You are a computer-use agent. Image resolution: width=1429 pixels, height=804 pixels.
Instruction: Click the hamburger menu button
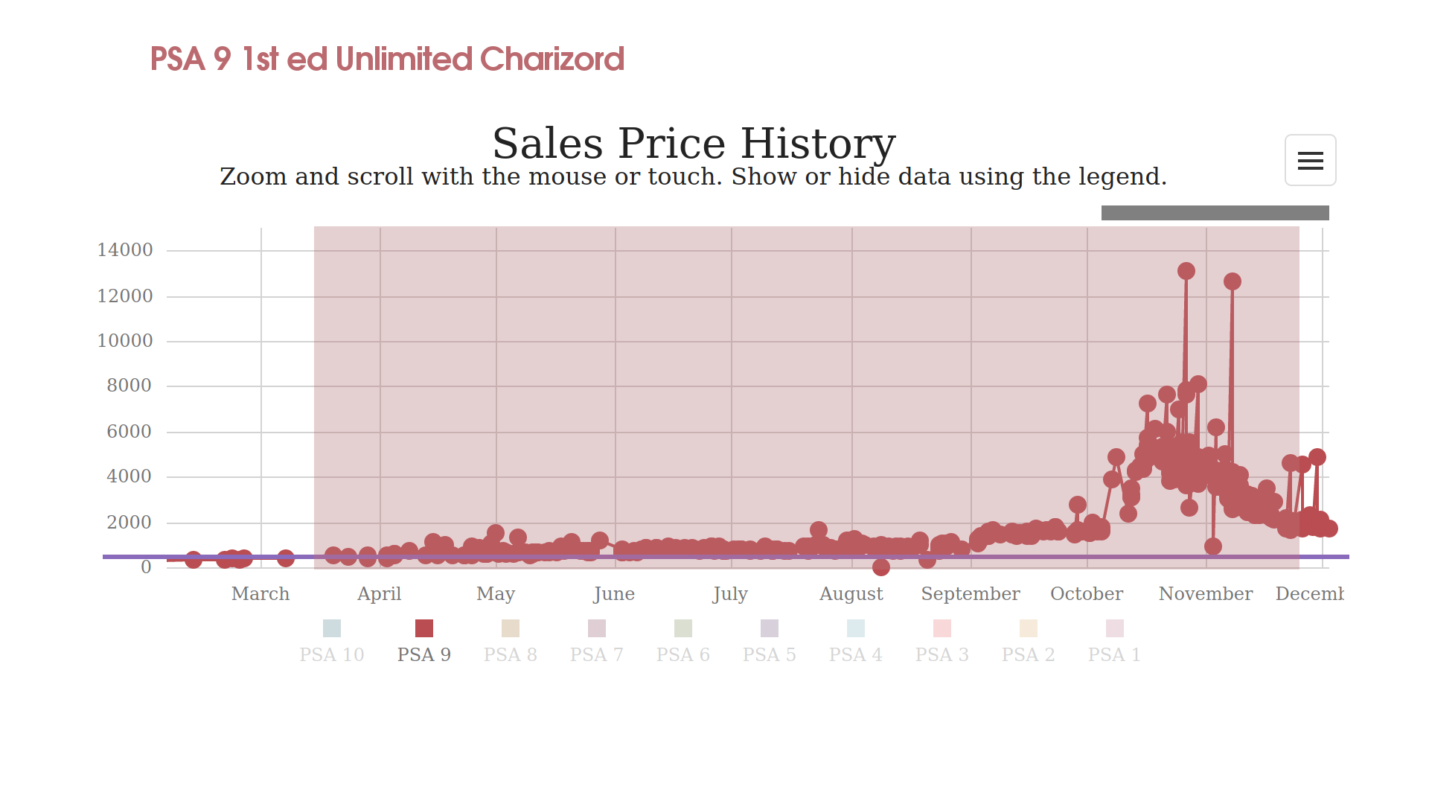(1310, 160)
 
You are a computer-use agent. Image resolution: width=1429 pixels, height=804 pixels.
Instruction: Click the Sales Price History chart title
(694, 143)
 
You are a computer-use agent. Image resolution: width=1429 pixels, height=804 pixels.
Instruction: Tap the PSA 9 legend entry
(424, 641)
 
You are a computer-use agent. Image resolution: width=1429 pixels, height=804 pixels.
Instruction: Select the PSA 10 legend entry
(332, 641)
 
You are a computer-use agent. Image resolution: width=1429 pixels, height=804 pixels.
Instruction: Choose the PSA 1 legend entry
(1114, 641)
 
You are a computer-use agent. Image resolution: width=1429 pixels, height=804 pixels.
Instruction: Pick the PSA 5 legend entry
(769, 641)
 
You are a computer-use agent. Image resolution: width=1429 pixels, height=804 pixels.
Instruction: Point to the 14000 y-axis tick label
(125, 250)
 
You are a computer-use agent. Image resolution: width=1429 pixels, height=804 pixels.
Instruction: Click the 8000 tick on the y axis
(129, 386)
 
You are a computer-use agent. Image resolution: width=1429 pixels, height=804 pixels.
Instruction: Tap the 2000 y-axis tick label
(129, 523)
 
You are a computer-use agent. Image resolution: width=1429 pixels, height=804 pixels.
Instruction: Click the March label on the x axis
(260, 594)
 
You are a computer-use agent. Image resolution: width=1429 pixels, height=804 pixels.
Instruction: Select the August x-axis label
(851, 594)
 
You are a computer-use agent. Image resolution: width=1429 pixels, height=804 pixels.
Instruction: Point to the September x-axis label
(971, 594)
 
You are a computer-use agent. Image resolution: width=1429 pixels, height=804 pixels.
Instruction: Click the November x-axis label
(1206, 594)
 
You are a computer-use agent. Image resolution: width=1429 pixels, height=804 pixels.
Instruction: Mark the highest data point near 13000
(1186, 272)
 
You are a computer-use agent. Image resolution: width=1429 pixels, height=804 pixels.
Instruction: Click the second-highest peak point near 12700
(1233, 281)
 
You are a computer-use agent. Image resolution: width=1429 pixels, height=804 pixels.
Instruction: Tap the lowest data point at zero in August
(881, 567)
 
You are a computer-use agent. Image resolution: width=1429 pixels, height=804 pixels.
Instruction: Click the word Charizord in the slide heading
(552, 59)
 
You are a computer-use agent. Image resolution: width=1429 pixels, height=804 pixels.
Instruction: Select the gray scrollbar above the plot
(1215, 213)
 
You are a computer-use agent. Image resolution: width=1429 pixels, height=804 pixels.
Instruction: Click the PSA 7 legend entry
(597, 641)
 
